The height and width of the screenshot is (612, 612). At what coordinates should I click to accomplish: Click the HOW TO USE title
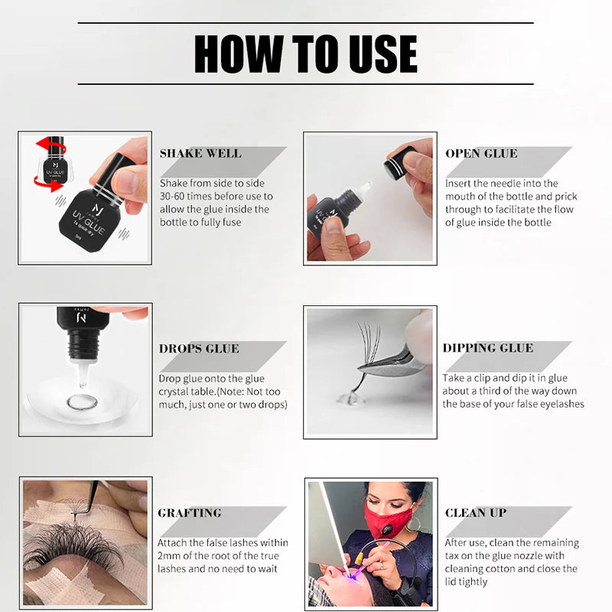(305, 54)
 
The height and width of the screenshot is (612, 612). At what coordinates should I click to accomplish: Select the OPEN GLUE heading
(481, 154)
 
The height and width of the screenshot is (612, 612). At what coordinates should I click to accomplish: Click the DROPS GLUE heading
(199, 349)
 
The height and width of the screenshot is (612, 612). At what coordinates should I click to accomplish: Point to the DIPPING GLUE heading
(487, 348)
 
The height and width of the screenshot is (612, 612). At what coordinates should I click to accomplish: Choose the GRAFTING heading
(190, 513)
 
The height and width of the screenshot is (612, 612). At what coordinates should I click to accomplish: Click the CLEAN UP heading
(476, 513)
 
